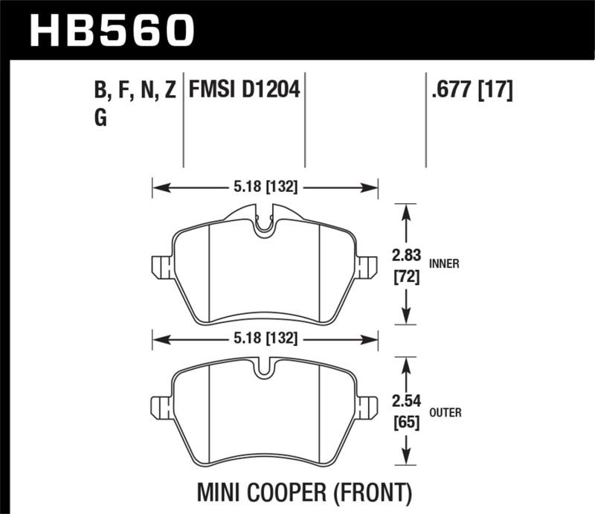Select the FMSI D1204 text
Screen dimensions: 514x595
coord(244,91)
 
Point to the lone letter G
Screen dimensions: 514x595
coord(100,118)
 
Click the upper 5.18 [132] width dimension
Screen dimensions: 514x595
coord(265,188)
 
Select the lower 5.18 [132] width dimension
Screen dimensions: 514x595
coord(265,338)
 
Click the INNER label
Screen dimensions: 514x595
coord(443,263)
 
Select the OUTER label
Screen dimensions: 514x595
coord(445,413)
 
